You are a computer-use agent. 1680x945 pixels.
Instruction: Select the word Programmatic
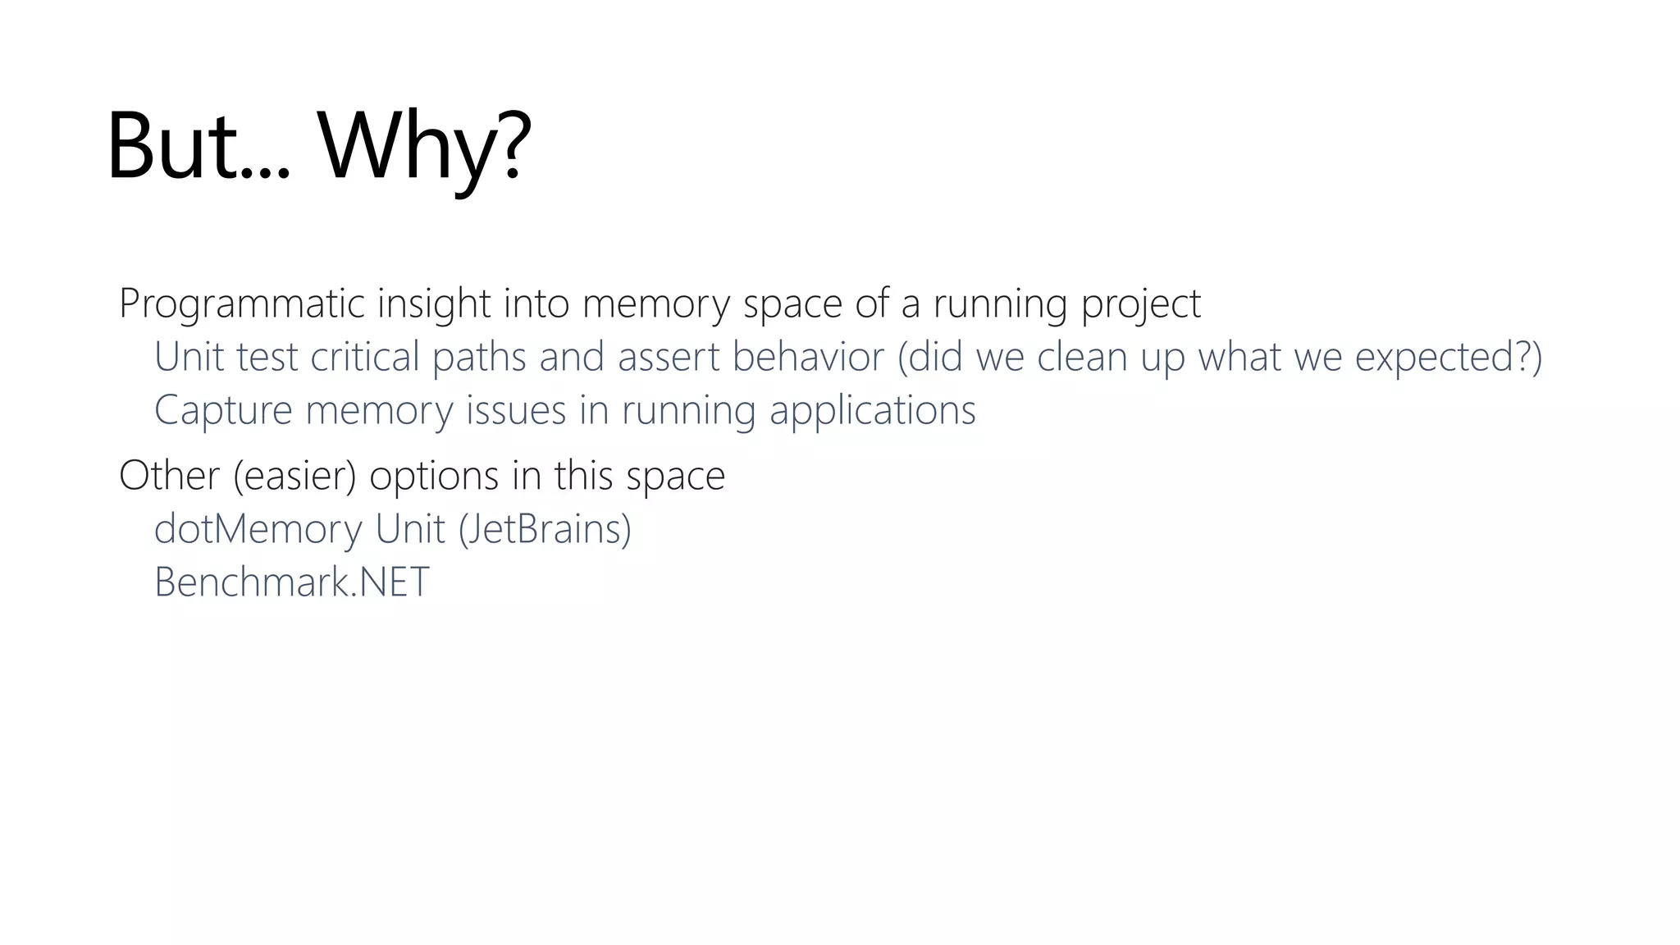point(242,304)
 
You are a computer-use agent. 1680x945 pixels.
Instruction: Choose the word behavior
point(808,357)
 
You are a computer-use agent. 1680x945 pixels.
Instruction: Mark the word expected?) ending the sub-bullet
point(1449,357)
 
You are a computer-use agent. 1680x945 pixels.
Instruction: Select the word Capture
point(223,410)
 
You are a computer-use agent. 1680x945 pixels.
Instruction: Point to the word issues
point(516,410)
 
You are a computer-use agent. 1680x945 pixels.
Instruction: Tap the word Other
point(169,476)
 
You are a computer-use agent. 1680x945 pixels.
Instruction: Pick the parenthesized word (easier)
point(294,476)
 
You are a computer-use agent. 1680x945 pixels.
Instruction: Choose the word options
point(434,476)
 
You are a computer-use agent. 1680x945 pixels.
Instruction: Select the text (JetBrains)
point(545,529)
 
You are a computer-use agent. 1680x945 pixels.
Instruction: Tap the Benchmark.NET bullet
point(292,582)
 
